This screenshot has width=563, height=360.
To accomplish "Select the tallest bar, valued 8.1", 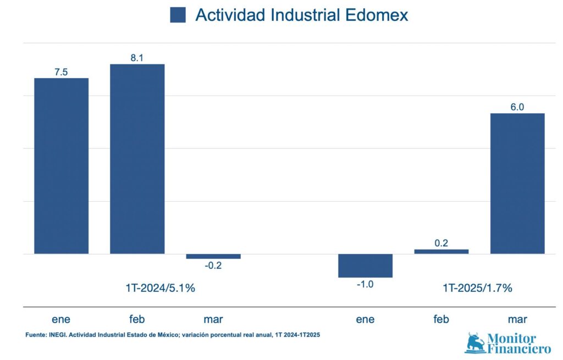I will point(137,159).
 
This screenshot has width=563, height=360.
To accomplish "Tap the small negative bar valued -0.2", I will point(213,256).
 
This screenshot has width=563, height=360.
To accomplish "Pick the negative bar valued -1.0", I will point(365,265).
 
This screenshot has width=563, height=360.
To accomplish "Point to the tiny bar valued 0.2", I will point(441,251).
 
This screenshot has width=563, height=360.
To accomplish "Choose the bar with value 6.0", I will point(517,184).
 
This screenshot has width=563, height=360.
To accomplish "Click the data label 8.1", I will point(137,57).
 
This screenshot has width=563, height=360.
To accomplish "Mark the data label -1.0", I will point(365,285).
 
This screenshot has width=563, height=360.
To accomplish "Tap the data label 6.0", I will point(517,107).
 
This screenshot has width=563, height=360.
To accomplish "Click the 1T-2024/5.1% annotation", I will point(160,287).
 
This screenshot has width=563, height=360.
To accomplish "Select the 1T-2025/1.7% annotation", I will point(477,287).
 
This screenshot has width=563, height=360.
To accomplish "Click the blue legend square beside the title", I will point(178,15).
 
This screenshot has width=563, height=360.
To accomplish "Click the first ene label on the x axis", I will point(61,319).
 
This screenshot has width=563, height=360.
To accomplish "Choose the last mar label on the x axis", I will point(517,319).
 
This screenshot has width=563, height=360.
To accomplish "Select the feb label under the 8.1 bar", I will point(137,319).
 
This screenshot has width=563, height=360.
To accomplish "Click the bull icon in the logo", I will point(475,343).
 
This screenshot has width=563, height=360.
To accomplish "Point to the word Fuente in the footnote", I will point(36,334).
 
